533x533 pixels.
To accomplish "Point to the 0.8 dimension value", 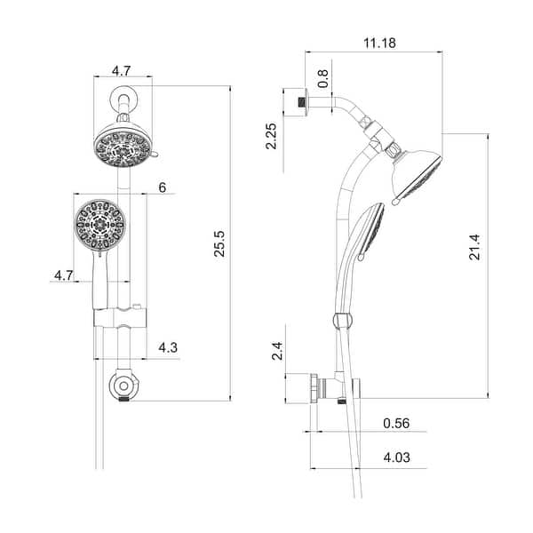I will [x=322, y=78].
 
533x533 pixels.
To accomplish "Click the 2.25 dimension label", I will [x=274, y=136].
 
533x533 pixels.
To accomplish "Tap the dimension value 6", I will [x=162, y=187].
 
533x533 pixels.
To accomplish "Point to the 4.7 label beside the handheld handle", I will [x=63, y=276].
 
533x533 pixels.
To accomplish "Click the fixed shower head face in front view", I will [x=122, y=146].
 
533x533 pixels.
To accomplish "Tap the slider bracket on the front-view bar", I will [x=119, y=318].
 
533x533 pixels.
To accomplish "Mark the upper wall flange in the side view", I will [x=296, y=99].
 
